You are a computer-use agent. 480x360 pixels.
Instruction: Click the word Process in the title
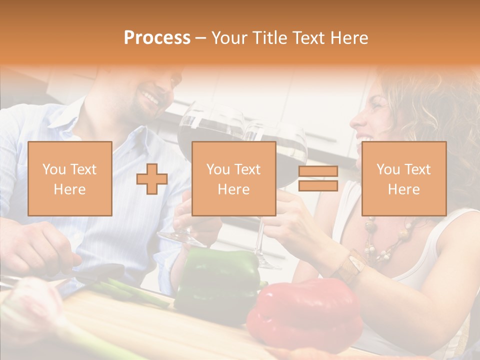[x=157, y=38]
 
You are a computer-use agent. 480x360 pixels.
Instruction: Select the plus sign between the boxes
[x=152, y=179]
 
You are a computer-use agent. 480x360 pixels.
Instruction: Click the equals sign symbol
[x=318, y=178]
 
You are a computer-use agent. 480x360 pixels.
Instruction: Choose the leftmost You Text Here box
[x=69, y=178]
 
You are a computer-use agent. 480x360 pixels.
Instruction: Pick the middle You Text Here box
[x=233, y=178]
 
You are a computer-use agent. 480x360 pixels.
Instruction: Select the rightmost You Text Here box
[x=403, y=178]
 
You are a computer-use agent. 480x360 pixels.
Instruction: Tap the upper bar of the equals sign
[x=318, y=171]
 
